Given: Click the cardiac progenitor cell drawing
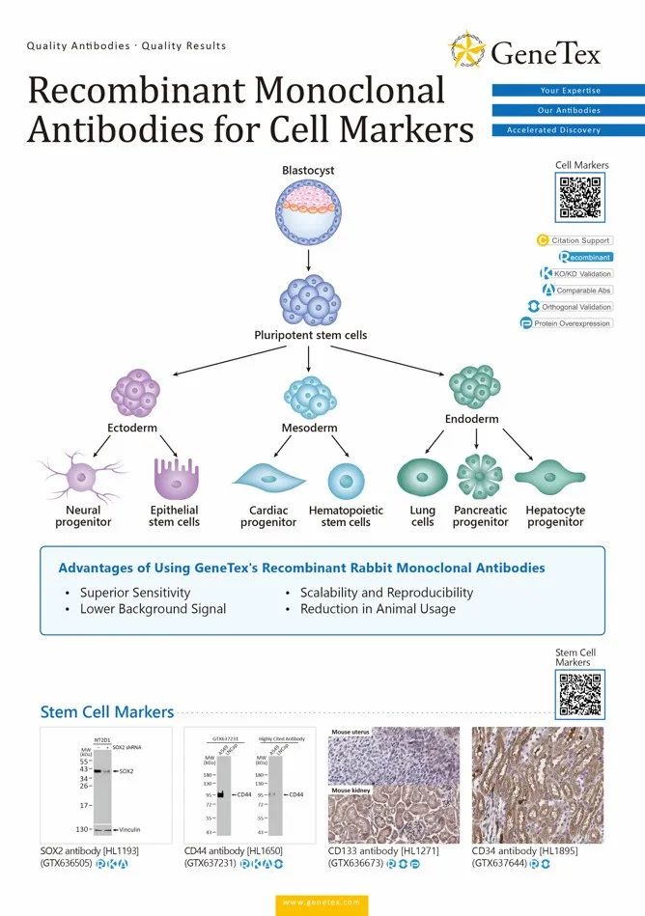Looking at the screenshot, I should click(x=268, y=479).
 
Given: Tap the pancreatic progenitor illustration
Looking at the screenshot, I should click(x=480, y=477).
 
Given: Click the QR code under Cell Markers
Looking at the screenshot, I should click(x=581, y=199).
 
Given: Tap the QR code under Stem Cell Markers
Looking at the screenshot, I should click(x=580, y=694).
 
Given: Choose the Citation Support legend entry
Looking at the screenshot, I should click(x=575, y=240).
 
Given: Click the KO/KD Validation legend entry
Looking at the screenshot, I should click(x=576, y=274).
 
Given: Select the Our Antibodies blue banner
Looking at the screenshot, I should click(x=568, y=110).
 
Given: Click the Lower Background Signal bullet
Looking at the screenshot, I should click(x=153, y=609).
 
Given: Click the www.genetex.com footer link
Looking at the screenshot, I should click(x=322, y=902).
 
